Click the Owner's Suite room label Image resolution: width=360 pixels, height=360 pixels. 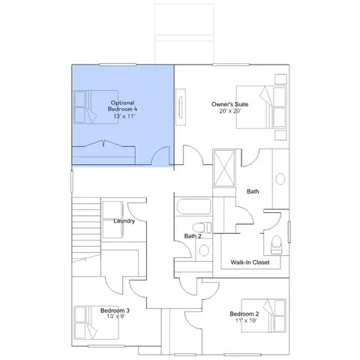(x=229, y=104)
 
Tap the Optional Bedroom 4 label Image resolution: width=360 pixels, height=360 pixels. (x=122, y=106)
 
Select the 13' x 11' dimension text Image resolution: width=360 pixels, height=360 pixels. (x=124, y=116)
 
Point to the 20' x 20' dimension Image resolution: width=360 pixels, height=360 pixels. (x=229, y=111)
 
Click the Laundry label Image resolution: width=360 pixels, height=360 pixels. (x=124, y=221)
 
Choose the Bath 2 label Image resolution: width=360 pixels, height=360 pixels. (x=193, y=236)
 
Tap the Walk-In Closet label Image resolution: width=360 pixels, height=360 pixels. (x=250, y=262)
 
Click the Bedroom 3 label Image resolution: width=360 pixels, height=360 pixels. (x=115, y=310)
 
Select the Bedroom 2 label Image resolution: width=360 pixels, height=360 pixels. (x=244, y=313)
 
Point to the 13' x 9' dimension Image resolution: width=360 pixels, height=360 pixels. (x=115, y=316)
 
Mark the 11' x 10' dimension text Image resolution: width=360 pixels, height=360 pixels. (x=246, y=320)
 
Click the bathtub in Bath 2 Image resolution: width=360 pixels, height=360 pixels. (x=193, y=207)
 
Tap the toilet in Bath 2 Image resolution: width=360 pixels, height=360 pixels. (x=202, y=227)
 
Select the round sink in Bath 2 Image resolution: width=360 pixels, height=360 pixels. (x=204, y=250)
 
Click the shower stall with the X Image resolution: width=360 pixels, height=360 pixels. (x=224, y=168)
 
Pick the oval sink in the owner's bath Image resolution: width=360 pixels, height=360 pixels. (x=280, y=179)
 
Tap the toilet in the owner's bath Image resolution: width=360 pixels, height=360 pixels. (x=277, y=244)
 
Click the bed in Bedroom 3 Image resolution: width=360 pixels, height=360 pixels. (x=96, y=322)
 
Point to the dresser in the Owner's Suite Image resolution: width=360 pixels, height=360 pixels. (x=181, y=107)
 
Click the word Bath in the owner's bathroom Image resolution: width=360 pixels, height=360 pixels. (x=253, y=191)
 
